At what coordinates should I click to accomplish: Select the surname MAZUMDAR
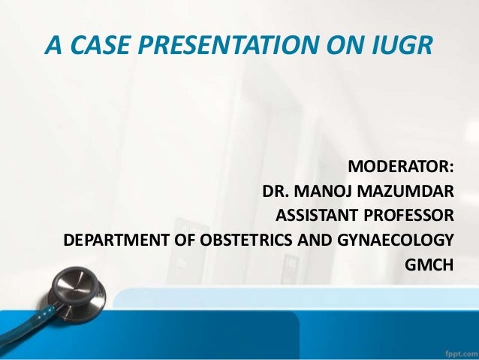click(x=413, y=192)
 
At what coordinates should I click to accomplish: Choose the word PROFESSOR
click(x=410, y=216)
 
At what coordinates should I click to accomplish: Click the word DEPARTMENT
click(x=111, y=241)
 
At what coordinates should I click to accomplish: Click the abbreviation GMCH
click(x=429, y=266)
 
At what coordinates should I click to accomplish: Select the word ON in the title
click(x=344, y=47)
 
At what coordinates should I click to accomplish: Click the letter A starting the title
click(x=53, y=47)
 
